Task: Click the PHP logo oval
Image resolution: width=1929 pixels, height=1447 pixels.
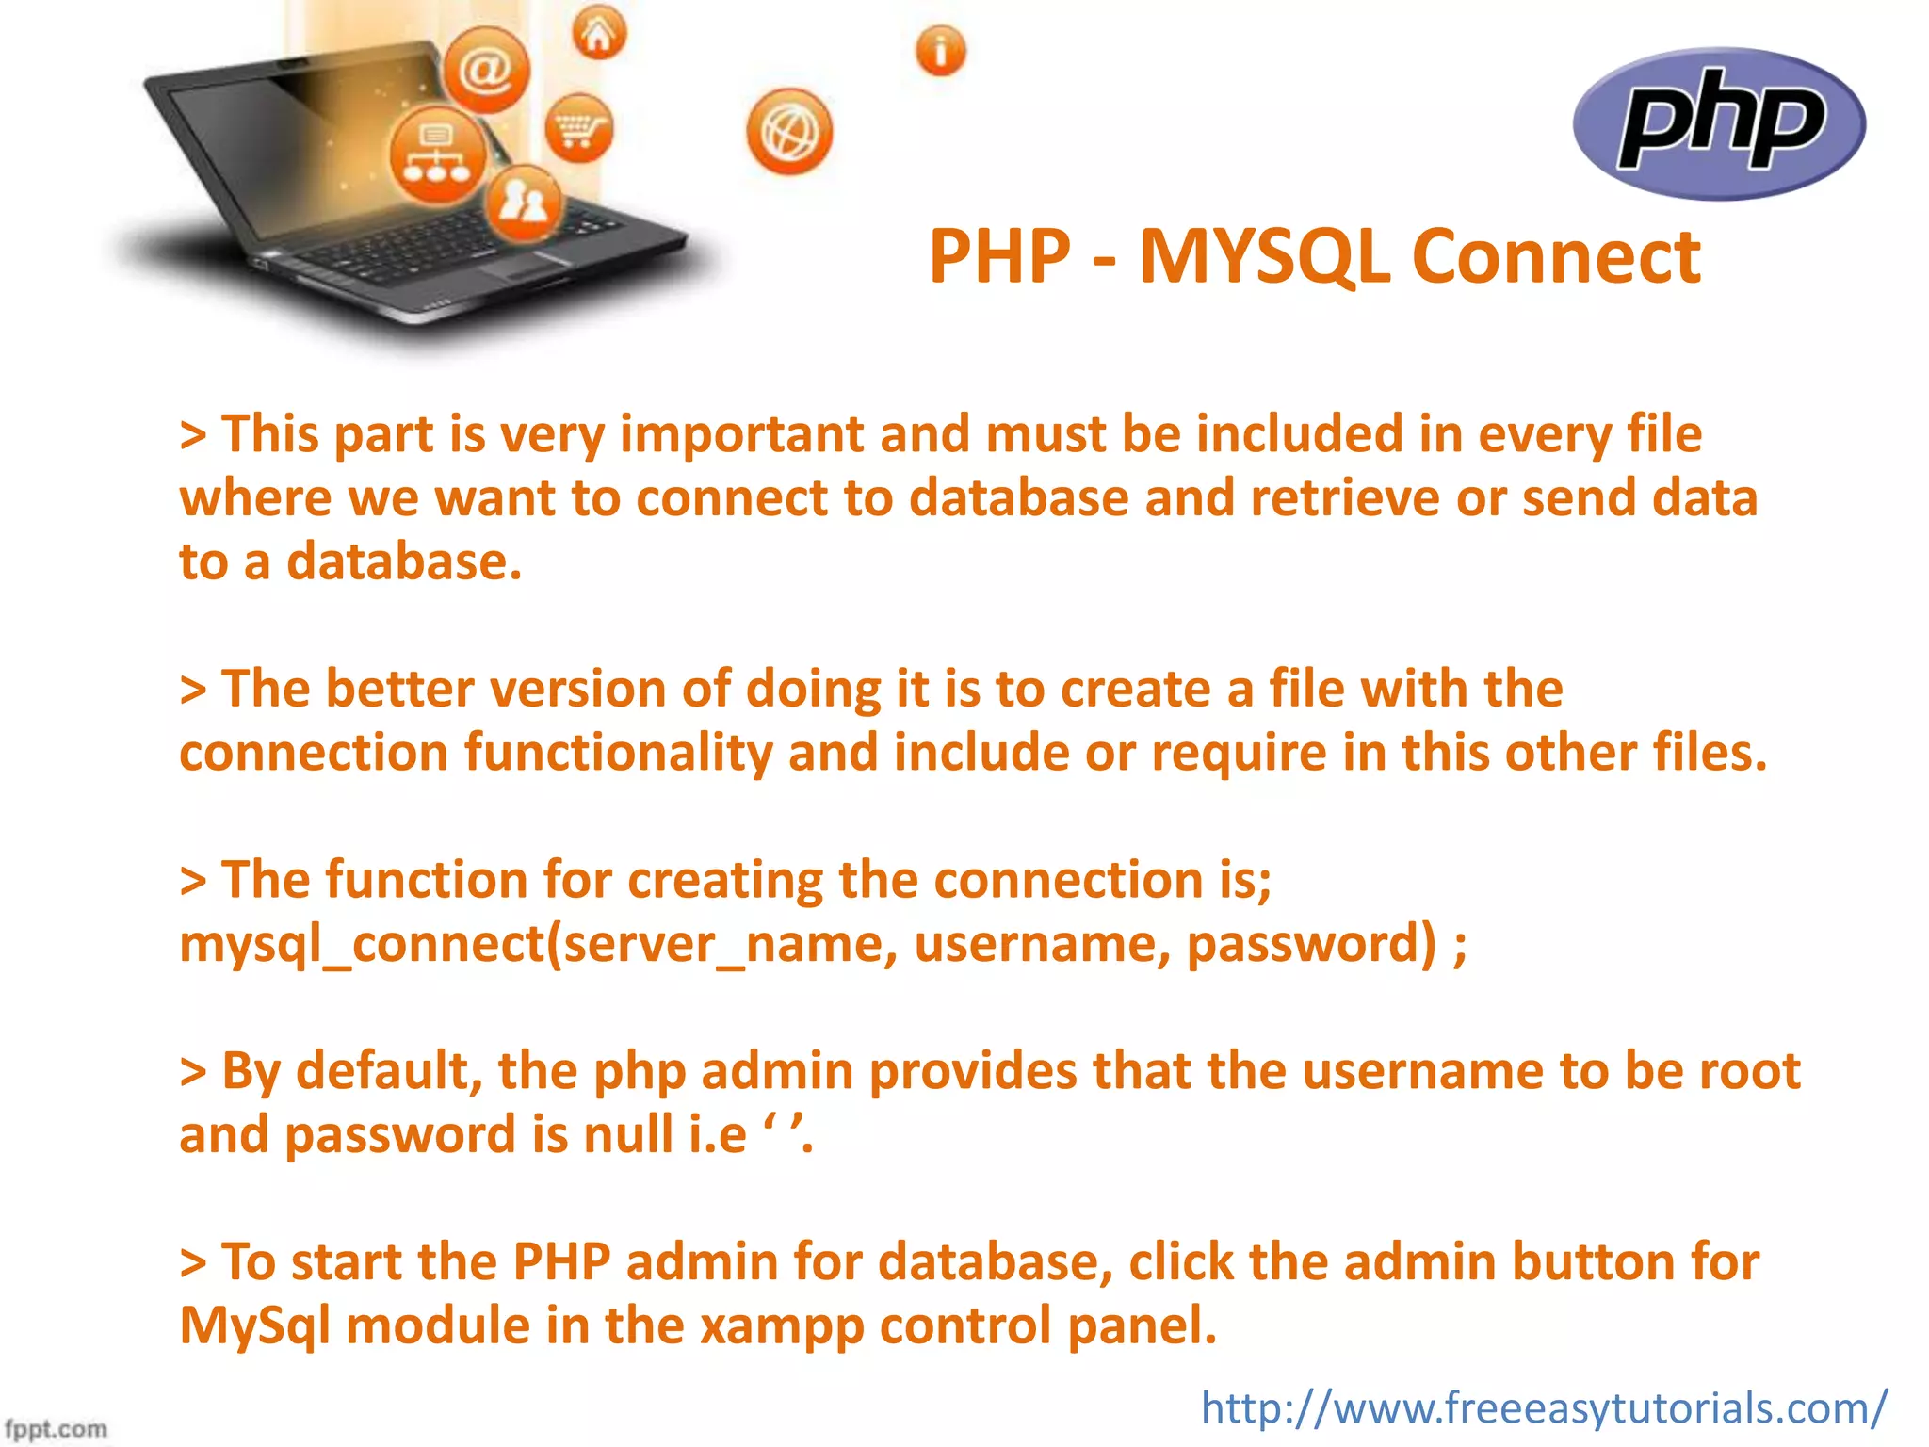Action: point(1719,123)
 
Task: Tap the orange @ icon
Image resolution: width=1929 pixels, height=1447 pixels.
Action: point(486,70)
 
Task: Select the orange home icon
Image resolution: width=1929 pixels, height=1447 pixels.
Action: point(599,34)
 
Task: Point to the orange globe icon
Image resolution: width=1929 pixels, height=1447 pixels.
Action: point(789,132)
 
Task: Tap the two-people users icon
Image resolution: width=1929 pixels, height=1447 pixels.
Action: point(524,202)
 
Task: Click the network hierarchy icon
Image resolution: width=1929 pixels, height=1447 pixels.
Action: point(437,154)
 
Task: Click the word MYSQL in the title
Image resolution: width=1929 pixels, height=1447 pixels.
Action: point(1264,256)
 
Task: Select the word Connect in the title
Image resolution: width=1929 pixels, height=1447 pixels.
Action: point(1556,256)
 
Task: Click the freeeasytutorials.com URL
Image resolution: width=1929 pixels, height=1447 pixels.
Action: point(1544,1408)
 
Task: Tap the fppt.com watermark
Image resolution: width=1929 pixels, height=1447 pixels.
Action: point(56,1428)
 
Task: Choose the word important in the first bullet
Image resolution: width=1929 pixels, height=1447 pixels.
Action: point(742,434)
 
